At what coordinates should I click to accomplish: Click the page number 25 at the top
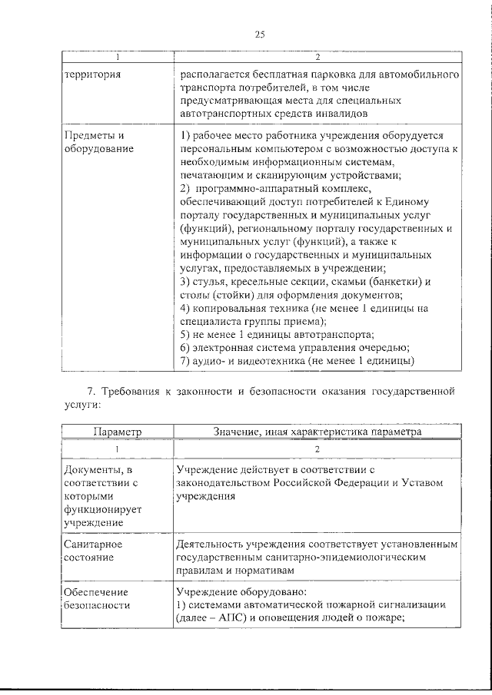(259, 34)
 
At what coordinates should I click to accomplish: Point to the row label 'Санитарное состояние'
(89, 551)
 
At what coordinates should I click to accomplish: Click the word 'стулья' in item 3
(208, 281)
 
